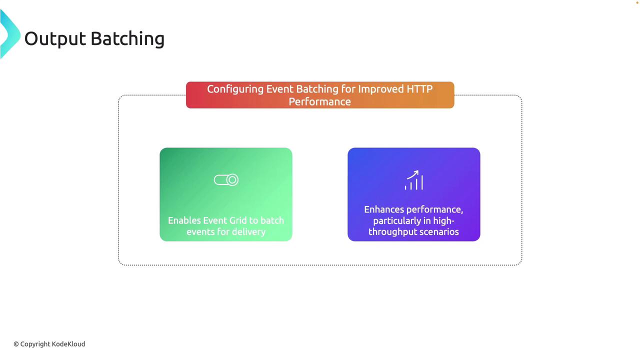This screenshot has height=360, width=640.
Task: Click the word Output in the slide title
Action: (55, 39)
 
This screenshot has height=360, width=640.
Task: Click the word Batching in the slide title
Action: (127, 39)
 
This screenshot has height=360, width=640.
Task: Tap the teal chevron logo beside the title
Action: (10, 34)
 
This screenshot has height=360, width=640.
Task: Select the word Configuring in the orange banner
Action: (235, 89)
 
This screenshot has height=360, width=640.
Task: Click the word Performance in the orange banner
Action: (319, 101)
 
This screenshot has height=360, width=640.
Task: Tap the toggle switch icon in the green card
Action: (226, 180)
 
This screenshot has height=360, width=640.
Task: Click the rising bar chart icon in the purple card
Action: (413, 180)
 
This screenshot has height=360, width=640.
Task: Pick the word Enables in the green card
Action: (184, 220)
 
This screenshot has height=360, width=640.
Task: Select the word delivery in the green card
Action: (248, 231)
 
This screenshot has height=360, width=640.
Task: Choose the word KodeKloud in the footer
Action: (68, 344)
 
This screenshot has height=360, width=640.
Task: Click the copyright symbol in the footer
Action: (16, 344)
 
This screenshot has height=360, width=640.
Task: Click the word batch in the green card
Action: (272, 220)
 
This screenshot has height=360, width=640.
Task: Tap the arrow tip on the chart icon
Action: (418, 171)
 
